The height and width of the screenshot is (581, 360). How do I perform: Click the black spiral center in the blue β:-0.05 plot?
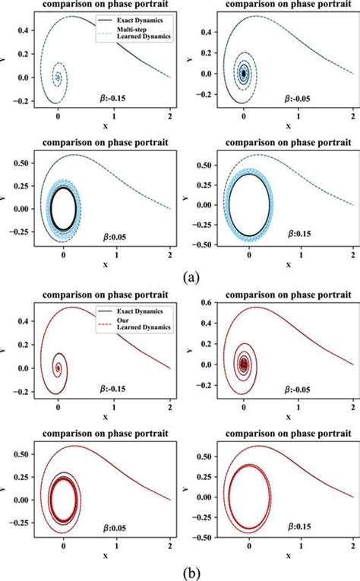(x=243, y=74)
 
